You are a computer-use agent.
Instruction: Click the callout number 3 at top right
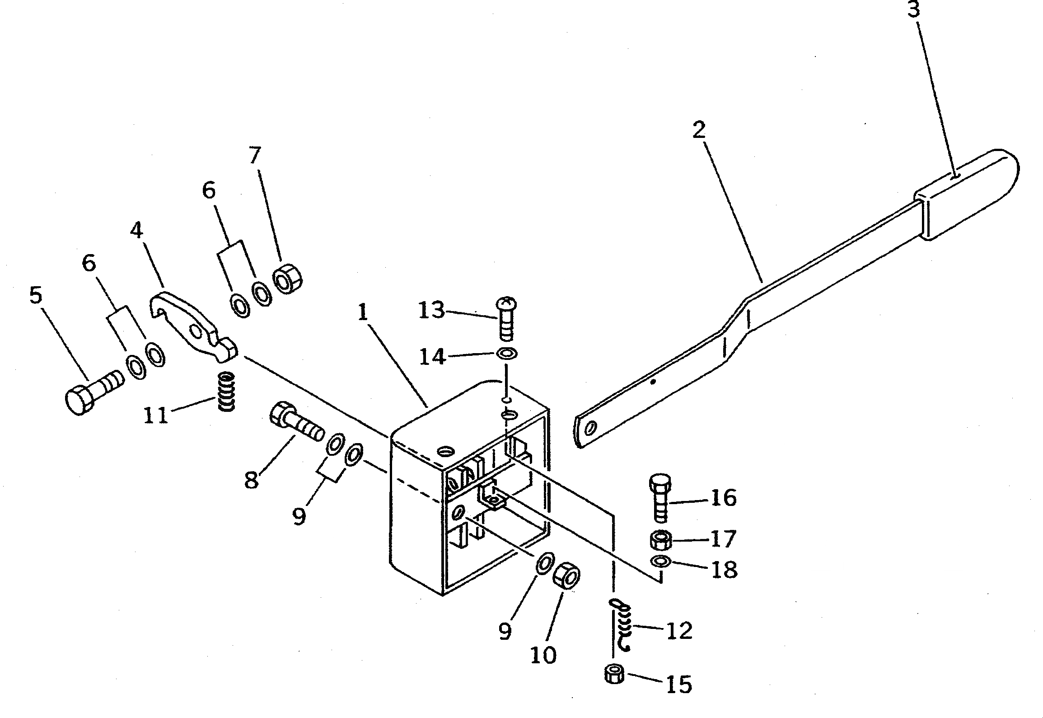point(913,9)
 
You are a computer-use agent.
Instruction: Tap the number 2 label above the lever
point(698,131)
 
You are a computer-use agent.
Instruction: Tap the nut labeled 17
point(660,539)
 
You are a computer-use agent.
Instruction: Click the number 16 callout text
point(724,498)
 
